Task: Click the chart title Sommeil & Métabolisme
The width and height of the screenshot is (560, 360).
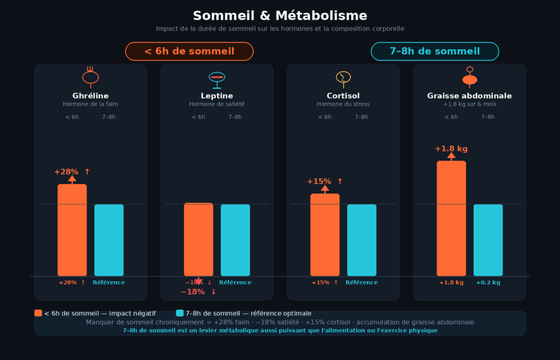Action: click(x=280, y=15)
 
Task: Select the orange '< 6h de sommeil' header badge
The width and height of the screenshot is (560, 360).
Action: click(x=189, y=51)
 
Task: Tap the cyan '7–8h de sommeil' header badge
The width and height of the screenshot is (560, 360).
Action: click(x=435, y=51)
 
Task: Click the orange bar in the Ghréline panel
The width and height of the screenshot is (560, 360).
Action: click(x=72, y=230)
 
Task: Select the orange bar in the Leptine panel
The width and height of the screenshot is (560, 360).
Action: click(x=199, y=240)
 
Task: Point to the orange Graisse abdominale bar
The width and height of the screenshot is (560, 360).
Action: click(x=451, y=218)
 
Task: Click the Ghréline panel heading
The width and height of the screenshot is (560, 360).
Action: click(x=90, y=96)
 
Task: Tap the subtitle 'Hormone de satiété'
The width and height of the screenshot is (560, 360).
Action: click(x=217, y=104)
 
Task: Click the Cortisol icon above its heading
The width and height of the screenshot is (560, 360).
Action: click(x=343, y=78)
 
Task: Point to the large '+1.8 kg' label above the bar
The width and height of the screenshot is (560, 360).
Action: click(x=451, y=149)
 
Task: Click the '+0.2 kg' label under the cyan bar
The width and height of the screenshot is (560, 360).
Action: click(x=488, y=283)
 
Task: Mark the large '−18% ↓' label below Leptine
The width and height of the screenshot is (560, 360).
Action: click(x=199, y=292)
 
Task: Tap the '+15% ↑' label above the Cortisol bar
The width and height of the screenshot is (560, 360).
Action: click(x=324, y=182)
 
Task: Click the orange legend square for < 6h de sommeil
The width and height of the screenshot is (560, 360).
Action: click(x=38, y=313)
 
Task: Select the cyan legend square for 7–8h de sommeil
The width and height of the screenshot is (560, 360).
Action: click(x=180, y=313)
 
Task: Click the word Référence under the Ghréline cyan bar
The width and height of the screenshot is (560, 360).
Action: click(x=109, y=283)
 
